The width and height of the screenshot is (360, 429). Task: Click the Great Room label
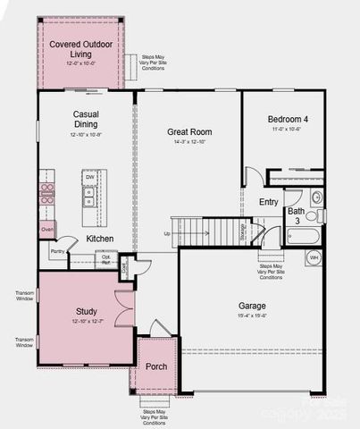click(188, 131)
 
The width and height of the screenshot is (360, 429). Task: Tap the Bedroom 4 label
click(290, 119)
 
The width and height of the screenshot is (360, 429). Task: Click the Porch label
click(156, 366)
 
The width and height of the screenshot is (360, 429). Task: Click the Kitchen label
click(99, 239)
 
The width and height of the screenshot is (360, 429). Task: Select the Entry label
click(269, 202)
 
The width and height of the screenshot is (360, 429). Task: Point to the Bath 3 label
click(294, 215)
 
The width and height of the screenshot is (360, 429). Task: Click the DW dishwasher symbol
click(90, 178)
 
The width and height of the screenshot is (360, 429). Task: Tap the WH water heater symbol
click(314, 257)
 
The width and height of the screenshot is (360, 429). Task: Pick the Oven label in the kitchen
click(47, 230)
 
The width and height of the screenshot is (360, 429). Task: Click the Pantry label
click(57, 252)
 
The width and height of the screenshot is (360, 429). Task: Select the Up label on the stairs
click(166, 233)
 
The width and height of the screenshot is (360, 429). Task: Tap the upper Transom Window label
click(24, 296)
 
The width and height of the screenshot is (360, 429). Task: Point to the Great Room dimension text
click(188, 142)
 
